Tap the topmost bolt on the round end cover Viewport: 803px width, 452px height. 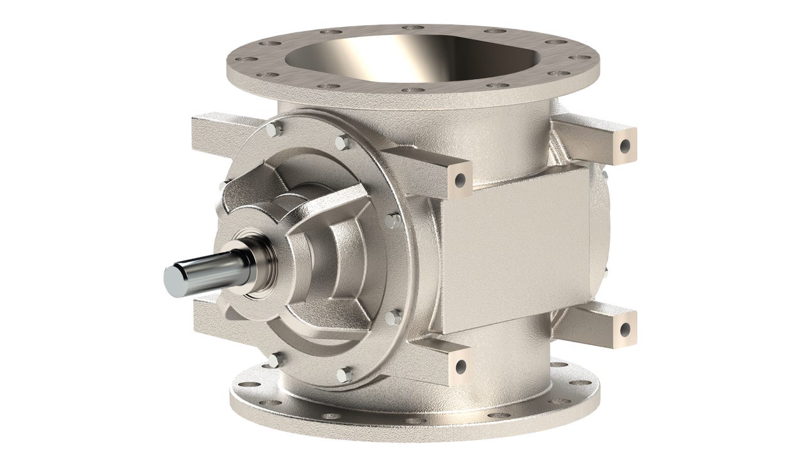[x=271, y=129]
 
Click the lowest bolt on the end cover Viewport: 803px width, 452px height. [x=343, y=375]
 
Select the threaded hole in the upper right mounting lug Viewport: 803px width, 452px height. [x=625, y=146]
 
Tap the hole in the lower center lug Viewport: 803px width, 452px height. [x=461, y=366]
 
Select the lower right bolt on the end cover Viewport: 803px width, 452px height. [x=393, y=318]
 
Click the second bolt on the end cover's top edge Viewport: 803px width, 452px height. [x=342, y=143]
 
